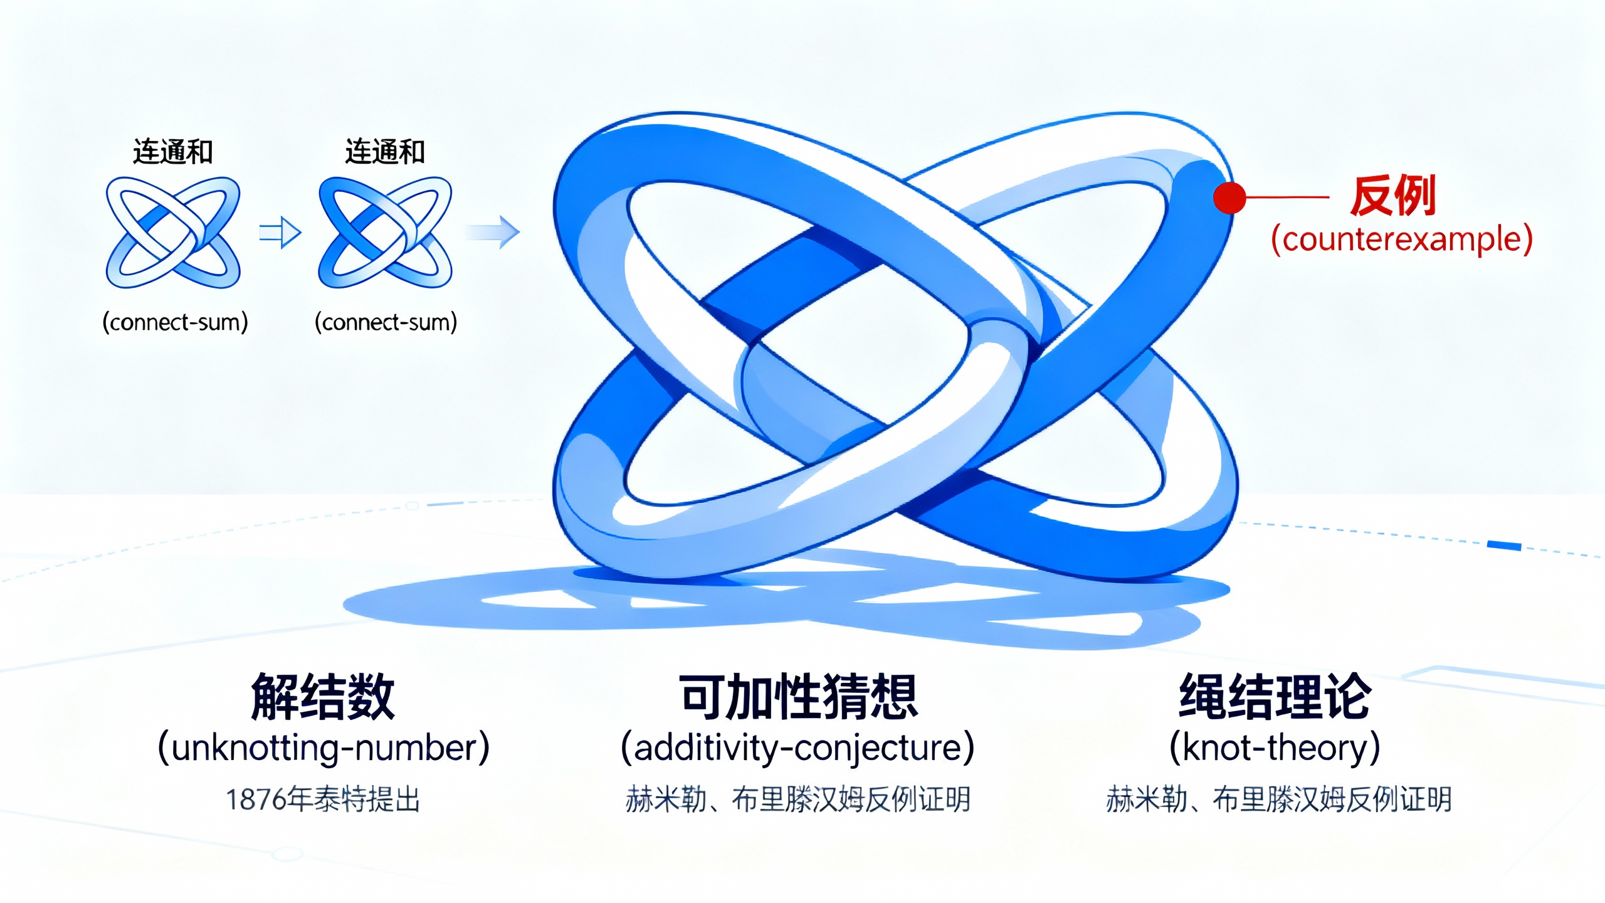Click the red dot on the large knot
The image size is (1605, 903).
click(x=1229, y=198)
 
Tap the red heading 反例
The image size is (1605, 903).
click(x=1393, y=196)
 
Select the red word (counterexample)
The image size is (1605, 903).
click(x=1402, y=239)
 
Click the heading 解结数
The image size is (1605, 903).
click(x=323, y=697)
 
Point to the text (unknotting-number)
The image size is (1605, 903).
click(x=324, y=747)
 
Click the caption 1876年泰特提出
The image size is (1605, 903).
click(x=323, y=800)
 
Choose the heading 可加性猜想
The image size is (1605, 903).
click(x=798, y=697)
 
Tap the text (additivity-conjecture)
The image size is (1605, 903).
click(x=797, y=747)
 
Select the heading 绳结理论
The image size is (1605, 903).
click(x=1275, y=697)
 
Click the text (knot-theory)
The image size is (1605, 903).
click(x=1275, y=747)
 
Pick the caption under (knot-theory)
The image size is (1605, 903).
click(x=1279, y=800)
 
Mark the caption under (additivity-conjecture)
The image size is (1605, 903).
click(x=797, y=800)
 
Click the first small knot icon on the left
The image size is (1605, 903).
click(x=173, y=233)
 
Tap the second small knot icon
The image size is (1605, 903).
click(x=386, y=233)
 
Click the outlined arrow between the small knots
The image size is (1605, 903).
click(x=280, y=233)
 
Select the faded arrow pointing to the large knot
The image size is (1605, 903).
click(x=494, y=232)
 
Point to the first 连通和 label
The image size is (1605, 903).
click(x=173, y=152)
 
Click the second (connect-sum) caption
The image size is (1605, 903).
click(x=386, y=322)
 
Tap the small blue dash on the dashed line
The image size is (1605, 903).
click(x=1504, y=546)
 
